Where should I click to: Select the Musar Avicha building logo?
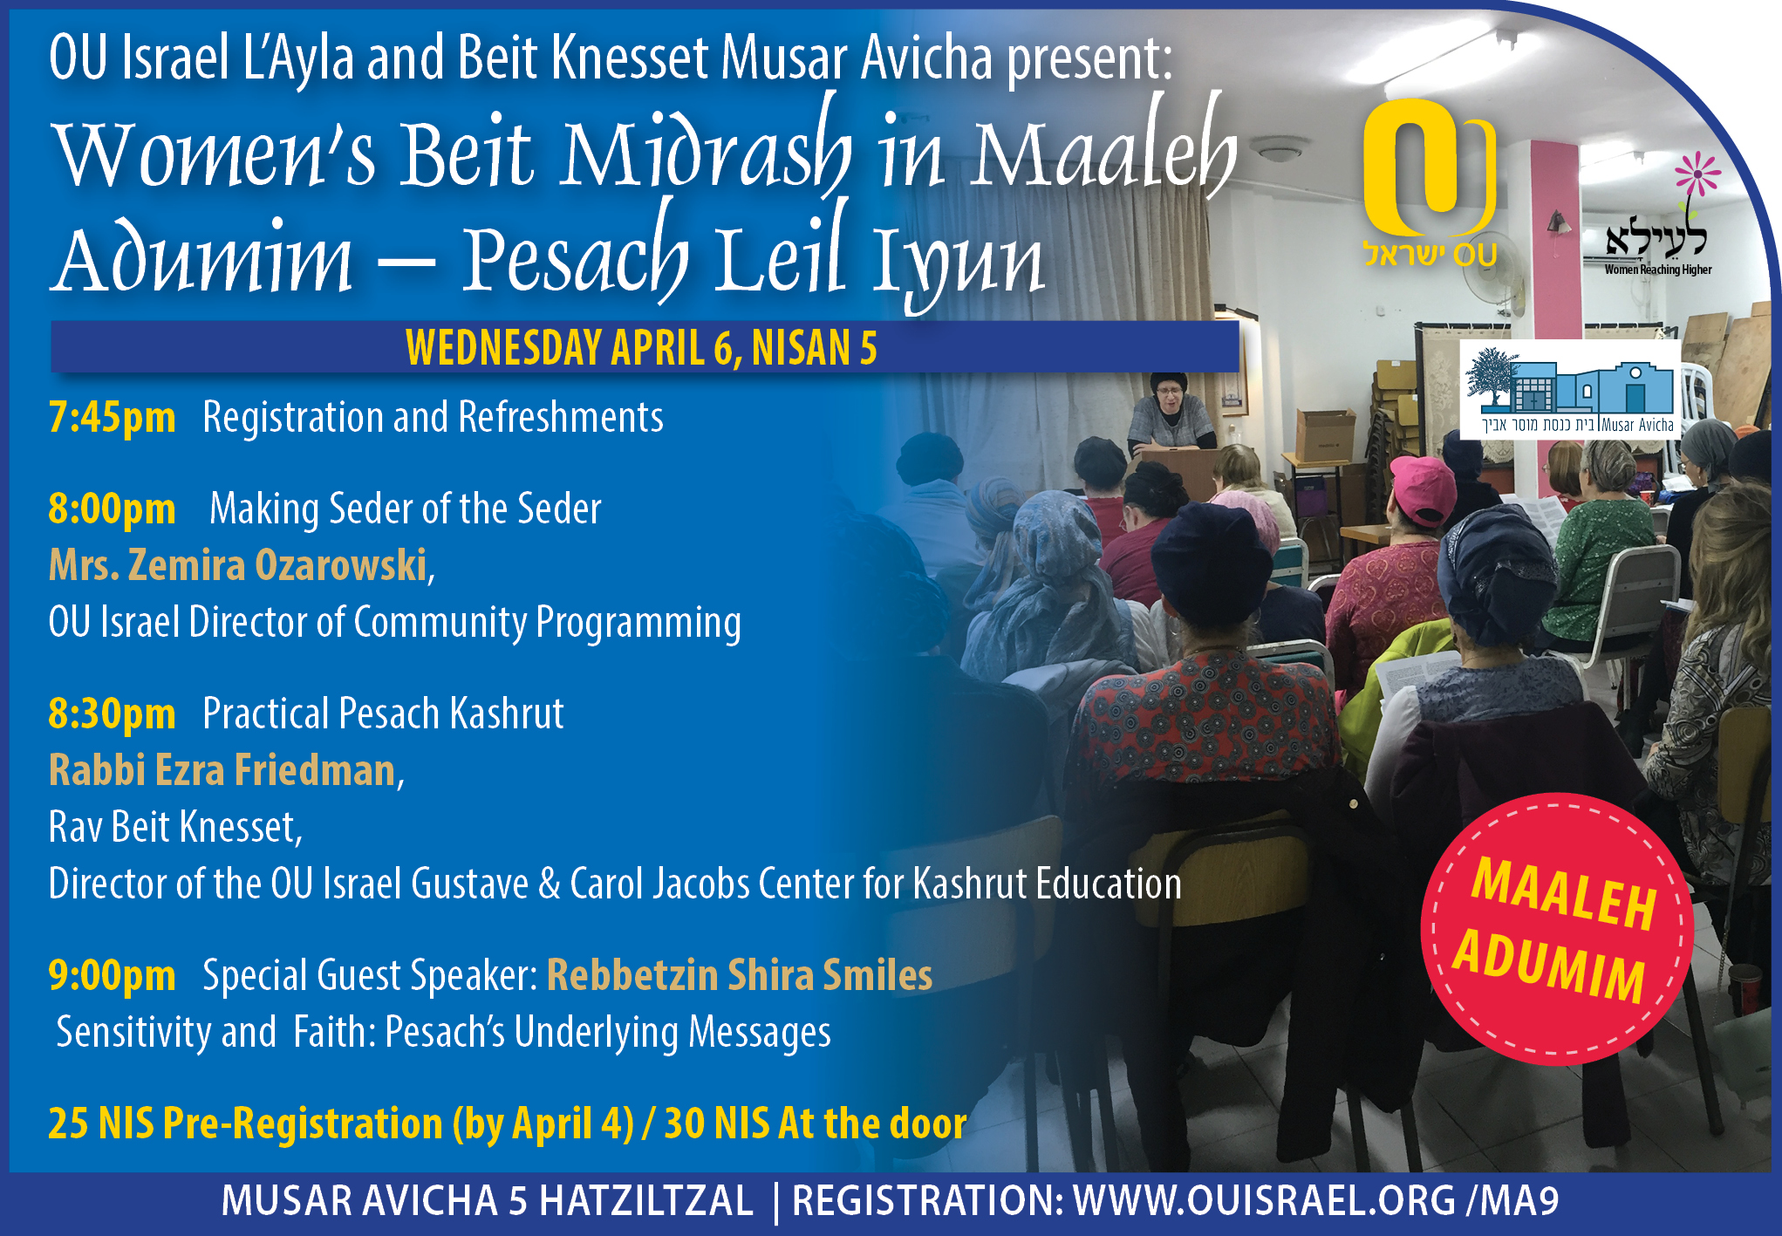1570,389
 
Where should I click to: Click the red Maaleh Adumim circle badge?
1558,929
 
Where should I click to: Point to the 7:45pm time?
112,418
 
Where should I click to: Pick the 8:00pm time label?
112,509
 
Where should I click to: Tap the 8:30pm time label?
112,714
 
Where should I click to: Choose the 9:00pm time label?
112,975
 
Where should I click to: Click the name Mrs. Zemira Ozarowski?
238,565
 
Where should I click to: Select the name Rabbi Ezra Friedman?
222,770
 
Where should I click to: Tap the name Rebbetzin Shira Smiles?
740,975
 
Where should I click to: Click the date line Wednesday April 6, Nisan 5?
641,347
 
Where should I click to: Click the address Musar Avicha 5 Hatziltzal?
487,1200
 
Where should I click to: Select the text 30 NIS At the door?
816,1123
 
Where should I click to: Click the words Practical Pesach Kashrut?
383,714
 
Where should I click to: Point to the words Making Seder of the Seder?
406,509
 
